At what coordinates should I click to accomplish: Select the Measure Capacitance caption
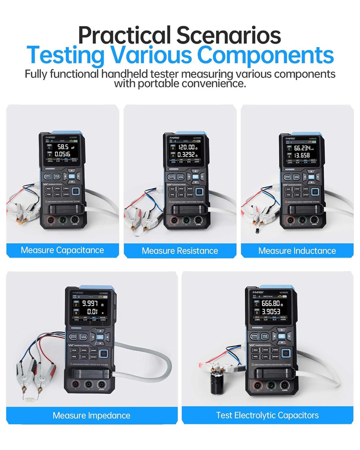click(x=62, y=250)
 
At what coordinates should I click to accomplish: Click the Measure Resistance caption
click(x=180, y=251)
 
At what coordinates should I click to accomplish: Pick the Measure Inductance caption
click(x=297, y=251)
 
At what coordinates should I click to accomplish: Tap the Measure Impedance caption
click(x=91, y=415)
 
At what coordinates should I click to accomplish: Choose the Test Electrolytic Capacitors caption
click(x=267, y=415)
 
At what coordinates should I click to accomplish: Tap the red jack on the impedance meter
click(x=75, y=384)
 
